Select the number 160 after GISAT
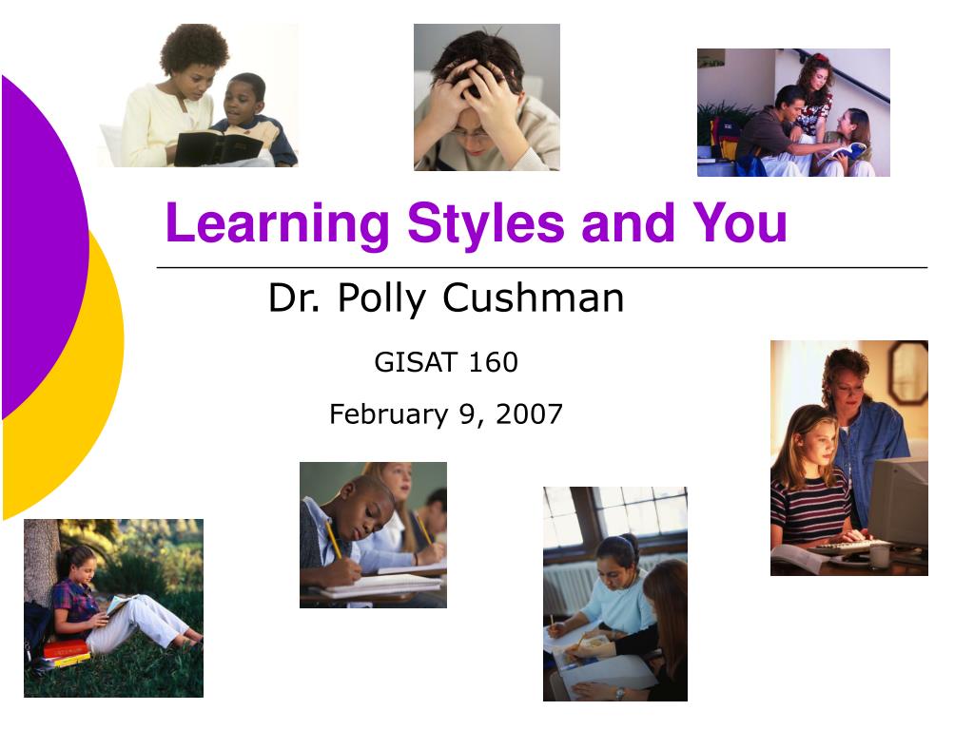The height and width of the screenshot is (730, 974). [x=494, y=362]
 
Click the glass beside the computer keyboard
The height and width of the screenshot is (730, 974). [x=879, y=556]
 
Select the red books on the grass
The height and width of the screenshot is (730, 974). [x=66, y=652]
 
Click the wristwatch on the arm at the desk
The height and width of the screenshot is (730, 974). [x=619, y=693]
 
